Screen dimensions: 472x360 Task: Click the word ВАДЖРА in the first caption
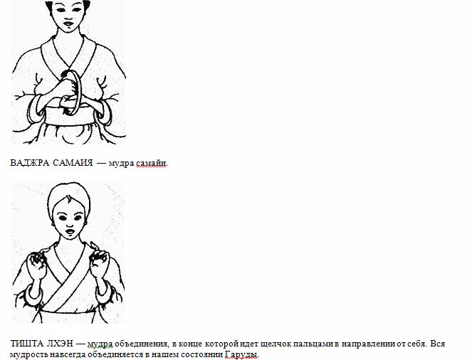[29, 163]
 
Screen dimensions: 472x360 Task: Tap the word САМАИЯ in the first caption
[73, 163]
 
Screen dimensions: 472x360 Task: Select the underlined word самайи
[151, 164]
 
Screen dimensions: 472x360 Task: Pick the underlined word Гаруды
[241, 354]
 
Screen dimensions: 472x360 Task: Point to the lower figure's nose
[70, 224]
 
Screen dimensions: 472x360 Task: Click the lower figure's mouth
[70, 232]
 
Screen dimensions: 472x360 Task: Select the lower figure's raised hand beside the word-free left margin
[37, 264]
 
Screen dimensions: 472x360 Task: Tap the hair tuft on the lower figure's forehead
[69, 199]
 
